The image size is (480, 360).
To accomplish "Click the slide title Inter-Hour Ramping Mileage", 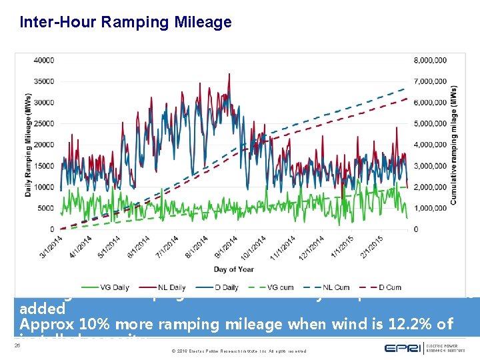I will tap(125, 22).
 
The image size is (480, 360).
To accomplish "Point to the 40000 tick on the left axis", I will tap(44, 61).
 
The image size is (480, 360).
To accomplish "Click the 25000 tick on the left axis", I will tap(44, 124).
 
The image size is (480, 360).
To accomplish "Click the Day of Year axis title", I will tap(234, 269).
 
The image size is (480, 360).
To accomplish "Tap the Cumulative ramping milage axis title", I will tap(454, 145).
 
